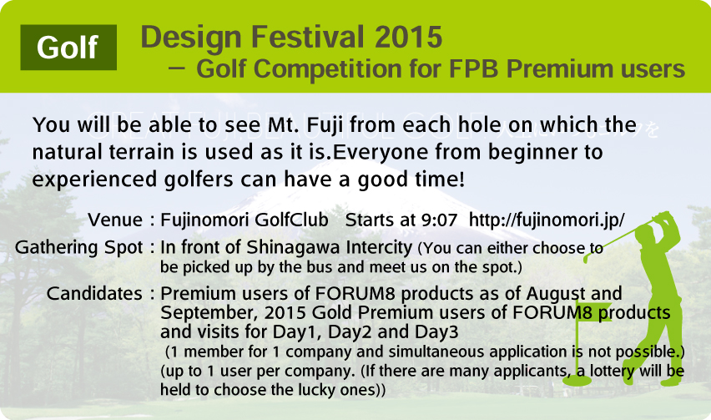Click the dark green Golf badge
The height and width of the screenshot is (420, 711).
pyautogui.click(x=68, y=47)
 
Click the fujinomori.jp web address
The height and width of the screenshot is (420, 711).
pyautogui.click(x=547, y=220)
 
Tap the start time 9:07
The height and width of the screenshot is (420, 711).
pyautogui.click(x=439, y=220)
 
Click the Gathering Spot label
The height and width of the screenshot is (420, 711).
pyautogui.click(x=79, y=248)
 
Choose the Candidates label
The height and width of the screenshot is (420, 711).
pyautogui.click(x=94, y=293)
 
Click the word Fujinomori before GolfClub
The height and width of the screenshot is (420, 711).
pyautogui.click(x=205, y=220)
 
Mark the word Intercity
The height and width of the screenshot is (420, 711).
pyautogui.click(x=378, y=248)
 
